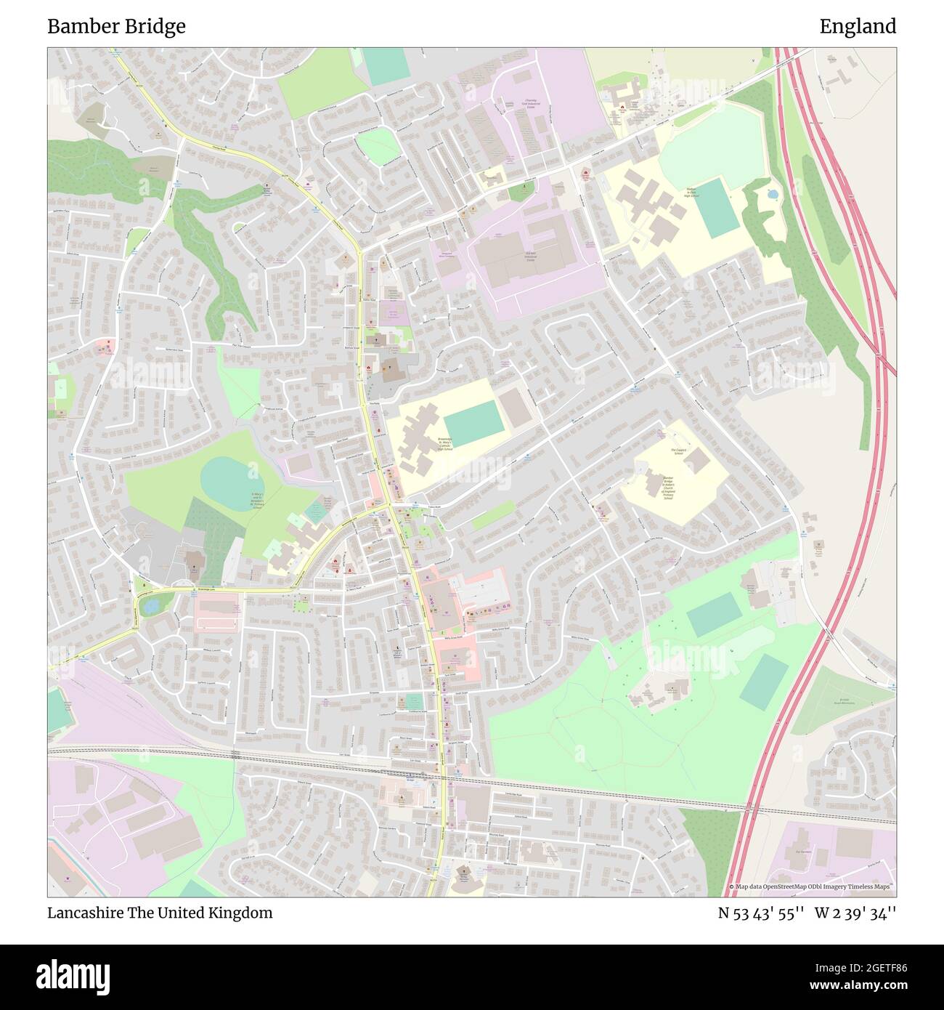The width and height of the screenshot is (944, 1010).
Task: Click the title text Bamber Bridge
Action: [116, 27]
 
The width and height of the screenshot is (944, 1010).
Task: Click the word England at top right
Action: [858, 27]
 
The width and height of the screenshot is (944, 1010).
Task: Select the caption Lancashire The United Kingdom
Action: [160, 913]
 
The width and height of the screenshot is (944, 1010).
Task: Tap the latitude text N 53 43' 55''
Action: [760, 913]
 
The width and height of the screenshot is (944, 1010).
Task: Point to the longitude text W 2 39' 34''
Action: [855, 913]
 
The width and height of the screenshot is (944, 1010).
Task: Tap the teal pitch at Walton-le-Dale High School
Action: [717, 206]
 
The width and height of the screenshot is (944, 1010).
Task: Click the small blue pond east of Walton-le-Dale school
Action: [772, 194]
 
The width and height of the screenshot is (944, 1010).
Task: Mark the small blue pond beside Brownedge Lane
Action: [150, 607]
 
